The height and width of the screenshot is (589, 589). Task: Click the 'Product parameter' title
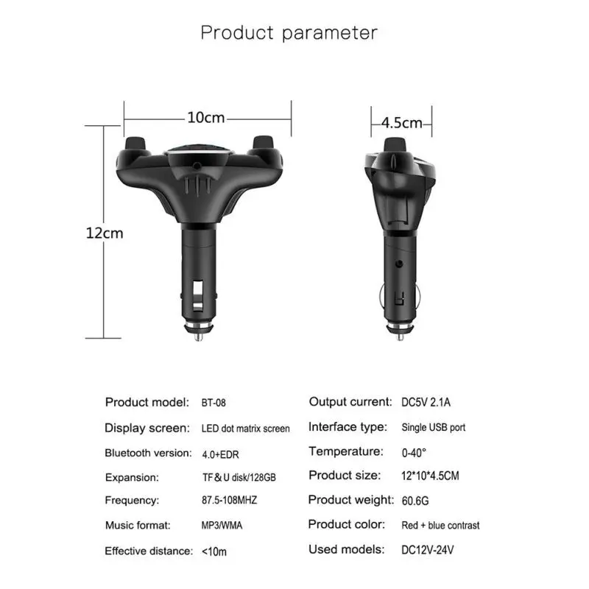[289, 33]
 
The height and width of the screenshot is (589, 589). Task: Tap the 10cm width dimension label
[206, 118]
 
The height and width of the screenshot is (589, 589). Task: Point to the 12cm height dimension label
[105, 233]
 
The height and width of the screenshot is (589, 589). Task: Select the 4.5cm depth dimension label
[401, 123]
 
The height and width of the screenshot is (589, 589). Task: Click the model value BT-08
[214, 403]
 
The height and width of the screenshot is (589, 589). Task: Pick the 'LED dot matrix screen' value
[246, 428]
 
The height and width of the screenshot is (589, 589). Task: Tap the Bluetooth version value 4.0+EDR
[220, 454]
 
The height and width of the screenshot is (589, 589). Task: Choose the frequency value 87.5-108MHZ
[229, 500]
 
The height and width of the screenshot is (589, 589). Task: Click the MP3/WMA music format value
[222, 525]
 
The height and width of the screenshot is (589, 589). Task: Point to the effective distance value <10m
[214, 551]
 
